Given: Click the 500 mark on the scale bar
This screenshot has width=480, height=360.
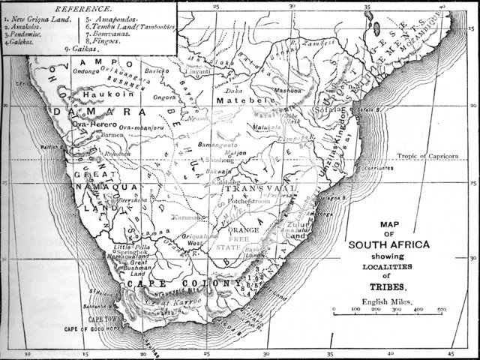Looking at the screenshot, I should (x=441, y=309).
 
